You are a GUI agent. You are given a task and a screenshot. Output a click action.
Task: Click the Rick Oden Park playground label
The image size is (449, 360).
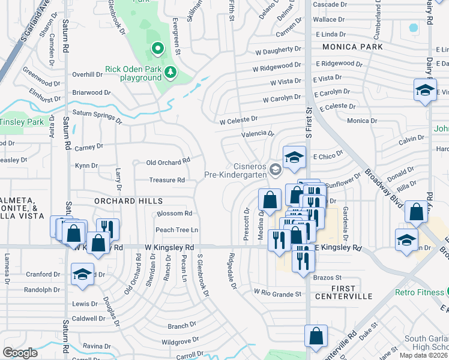[133, 73]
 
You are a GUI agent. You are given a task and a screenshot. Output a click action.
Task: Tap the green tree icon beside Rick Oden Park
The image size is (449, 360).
[171, 72]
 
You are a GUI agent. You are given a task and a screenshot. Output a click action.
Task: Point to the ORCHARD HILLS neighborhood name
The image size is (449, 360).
[128, 201]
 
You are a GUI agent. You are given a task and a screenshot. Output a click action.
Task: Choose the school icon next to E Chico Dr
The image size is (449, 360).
[294, 157]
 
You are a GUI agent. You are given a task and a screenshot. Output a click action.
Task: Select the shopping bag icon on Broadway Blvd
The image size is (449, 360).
[416, 211]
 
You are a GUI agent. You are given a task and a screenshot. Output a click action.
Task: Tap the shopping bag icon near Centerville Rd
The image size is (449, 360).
[316, 337]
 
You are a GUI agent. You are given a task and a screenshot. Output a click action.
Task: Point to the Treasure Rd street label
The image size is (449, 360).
[167, 180]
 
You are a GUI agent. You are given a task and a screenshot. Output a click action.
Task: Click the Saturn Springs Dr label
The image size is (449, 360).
[97, 115]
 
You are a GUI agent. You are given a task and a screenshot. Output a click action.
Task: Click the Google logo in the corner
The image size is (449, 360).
[20, 353]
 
